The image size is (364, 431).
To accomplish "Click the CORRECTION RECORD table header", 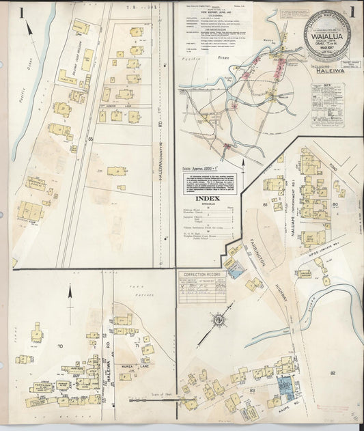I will pos(200,274).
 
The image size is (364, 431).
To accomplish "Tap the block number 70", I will pos(59,347).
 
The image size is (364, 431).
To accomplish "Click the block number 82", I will pos(333,373).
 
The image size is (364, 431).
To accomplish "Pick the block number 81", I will pos(265,204).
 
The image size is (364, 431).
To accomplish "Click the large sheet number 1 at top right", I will pos(352,12).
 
